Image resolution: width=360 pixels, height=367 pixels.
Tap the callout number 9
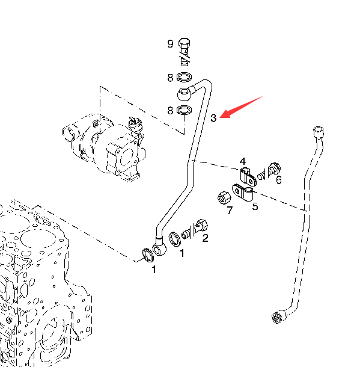click(x=171, y=44)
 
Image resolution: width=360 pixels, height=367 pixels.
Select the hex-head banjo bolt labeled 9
click(x=185, y=52)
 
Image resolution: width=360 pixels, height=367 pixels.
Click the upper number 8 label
click(x=170, y=78)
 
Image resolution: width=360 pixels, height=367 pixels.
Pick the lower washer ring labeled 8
click(x=185, y=110)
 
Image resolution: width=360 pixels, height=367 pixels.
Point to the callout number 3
click(x=213, y=118)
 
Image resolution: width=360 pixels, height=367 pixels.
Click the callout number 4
click(x=243, y=161)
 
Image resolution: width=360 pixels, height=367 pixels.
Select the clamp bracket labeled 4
click(x=248, y=177)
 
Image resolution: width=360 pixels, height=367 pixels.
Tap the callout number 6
click(x=279, y=180)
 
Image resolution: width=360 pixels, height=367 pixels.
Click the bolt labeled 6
click(x=269, y=171)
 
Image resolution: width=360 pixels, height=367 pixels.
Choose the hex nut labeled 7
click(x=224, y=198)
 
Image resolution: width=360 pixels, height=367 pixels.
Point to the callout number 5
click(x=255, y=206)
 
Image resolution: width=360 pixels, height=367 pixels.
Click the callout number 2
click(x=205, y=238)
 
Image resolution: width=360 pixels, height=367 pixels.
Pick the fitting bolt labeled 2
click(x=195, y=229)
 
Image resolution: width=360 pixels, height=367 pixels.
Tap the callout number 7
click(x=230, y=210)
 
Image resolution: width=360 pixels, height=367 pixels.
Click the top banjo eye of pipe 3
click(x=185, y=94)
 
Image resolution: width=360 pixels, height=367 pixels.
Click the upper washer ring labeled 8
click(x=185, y=77)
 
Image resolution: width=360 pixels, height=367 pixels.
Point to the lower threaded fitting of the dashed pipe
click(x=279, y=316)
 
